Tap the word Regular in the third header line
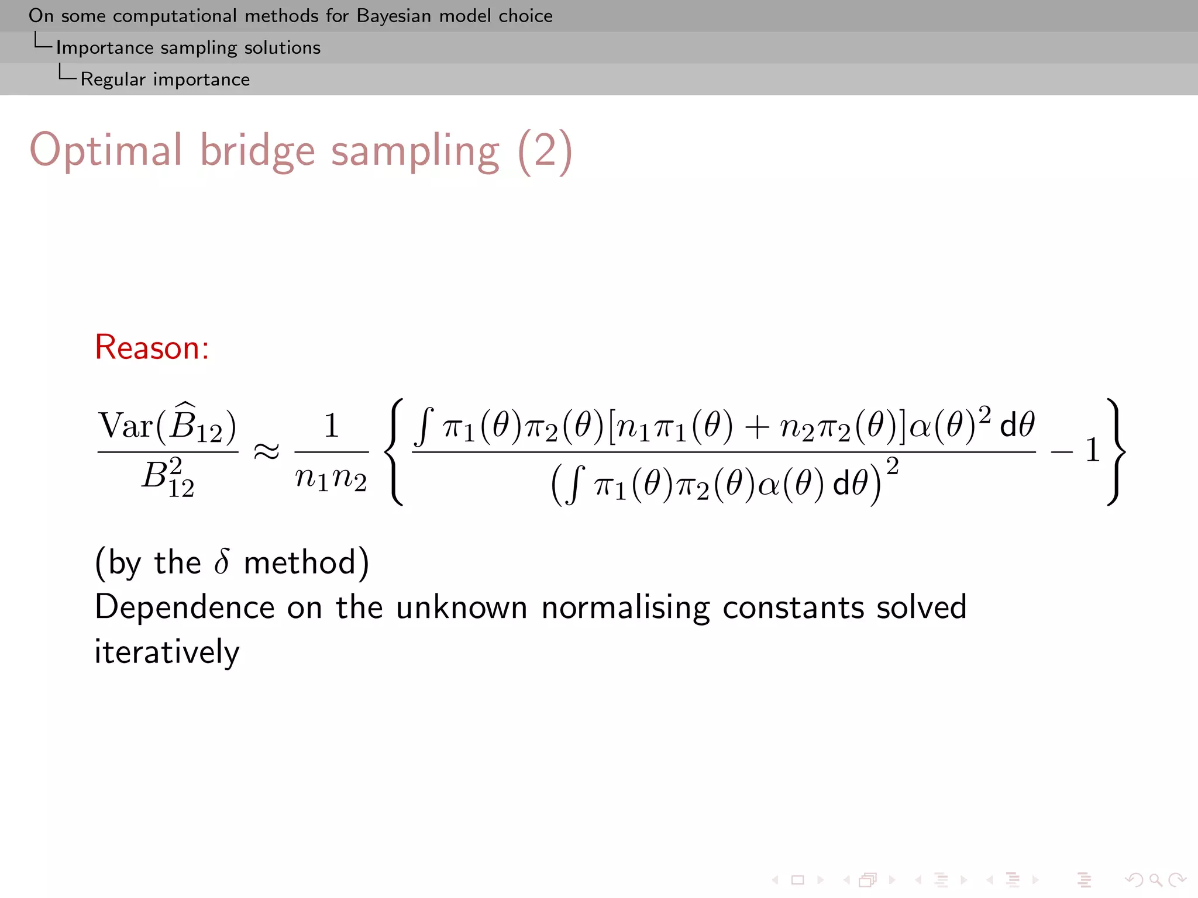point(112,79)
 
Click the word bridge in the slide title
point(257,151)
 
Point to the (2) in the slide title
point(545,151)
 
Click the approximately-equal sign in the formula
point(266,451)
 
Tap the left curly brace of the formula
point(397,451)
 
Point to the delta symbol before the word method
point(222,562)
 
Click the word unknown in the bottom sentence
point(462,607)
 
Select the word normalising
point(625,607)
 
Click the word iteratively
point(167,652)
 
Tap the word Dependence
point(184,607)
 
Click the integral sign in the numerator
point(424,427)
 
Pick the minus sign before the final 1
point(1061,451)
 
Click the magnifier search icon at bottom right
point(1155,879)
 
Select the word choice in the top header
point(525,16)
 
